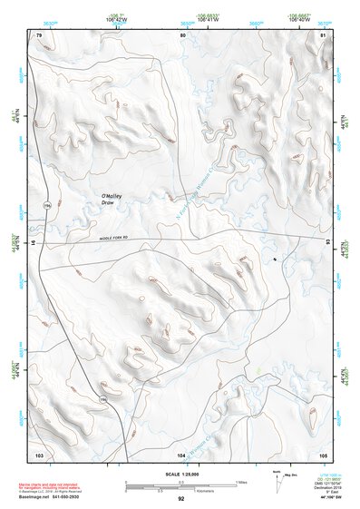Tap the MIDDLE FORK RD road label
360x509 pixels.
pos(120,240)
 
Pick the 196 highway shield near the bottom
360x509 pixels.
pos(102,398)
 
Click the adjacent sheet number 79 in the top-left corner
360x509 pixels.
pos(39,34)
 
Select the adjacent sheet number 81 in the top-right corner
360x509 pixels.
pos(323,34)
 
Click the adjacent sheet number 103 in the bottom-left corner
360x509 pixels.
pos(39,453)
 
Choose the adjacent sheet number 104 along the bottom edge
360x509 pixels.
pos(181,453)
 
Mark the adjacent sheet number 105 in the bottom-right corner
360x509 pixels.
pos(323,453)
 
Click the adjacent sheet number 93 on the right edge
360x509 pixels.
pos(327,242)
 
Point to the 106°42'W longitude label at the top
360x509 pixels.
pos(114,17)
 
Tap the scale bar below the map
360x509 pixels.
pos(180,485)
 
